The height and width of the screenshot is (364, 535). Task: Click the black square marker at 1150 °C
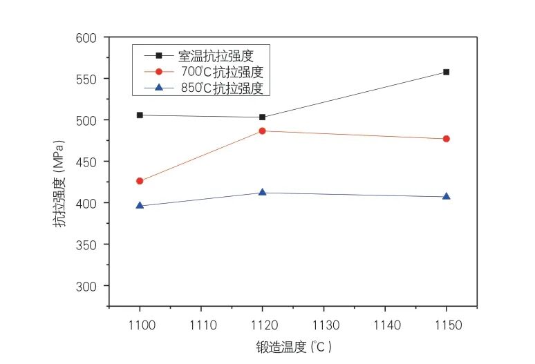point(447,72)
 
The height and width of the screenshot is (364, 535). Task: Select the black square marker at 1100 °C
point(140,115)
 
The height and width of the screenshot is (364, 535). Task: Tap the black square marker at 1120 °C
point(263,117)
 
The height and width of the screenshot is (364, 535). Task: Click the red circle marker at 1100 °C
point(140,181)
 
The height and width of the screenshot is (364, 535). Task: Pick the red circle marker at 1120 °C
point(263,131)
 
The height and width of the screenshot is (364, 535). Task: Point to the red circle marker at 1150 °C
point(447,139)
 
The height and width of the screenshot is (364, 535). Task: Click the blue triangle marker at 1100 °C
point(140,205)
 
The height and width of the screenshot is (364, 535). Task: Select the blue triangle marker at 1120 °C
point(263,192)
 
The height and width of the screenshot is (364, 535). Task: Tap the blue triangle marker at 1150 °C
point(447,196)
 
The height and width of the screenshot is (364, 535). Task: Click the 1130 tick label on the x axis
point(323,323)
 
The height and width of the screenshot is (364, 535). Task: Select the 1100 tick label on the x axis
point(140,323)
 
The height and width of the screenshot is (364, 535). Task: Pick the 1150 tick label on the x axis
point(447,323)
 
